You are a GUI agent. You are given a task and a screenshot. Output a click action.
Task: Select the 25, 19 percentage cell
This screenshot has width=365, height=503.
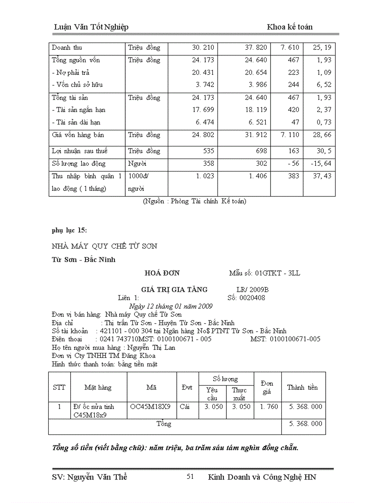point(322,48)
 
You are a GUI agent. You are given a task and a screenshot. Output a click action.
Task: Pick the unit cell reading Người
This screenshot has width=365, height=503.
point(137,164)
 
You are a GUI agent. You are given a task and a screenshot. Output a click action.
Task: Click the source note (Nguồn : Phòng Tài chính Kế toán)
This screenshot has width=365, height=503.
point(195,202)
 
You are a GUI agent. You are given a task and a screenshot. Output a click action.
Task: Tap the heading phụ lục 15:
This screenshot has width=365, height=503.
point(69,231)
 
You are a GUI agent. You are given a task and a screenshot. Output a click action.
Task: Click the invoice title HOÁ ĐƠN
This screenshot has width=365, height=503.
point(162,273)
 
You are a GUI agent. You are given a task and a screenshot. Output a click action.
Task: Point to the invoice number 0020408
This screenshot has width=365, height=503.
point(252,297)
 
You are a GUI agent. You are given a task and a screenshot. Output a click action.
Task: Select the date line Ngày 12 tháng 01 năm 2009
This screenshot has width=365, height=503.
point(170,306)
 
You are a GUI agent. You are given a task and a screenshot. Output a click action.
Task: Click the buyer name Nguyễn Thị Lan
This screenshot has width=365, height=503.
point(151,347)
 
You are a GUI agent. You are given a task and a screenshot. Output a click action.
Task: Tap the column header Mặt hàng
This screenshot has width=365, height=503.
point(98,387)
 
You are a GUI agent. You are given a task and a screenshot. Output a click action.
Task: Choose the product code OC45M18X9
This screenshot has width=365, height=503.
point(150,407)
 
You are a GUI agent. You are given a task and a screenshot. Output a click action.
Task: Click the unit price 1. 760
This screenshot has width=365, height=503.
point(269,407)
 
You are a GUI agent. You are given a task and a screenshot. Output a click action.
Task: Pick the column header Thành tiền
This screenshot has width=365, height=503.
point(303,387)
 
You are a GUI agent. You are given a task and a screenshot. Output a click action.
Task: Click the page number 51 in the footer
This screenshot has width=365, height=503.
point(190,477)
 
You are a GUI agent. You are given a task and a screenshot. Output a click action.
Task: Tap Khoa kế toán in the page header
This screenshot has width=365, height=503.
point(290,27)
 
